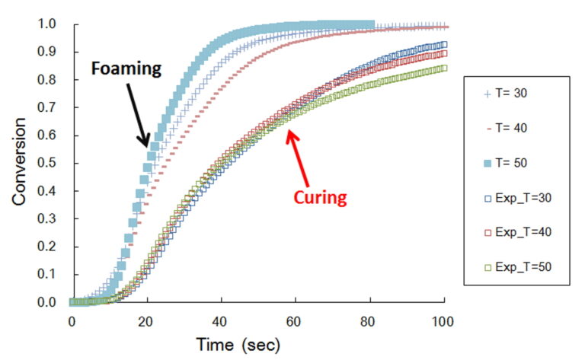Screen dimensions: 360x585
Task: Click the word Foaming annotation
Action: tap(126, 69)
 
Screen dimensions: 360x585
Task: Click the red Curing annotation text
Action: tap(320, 198)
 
